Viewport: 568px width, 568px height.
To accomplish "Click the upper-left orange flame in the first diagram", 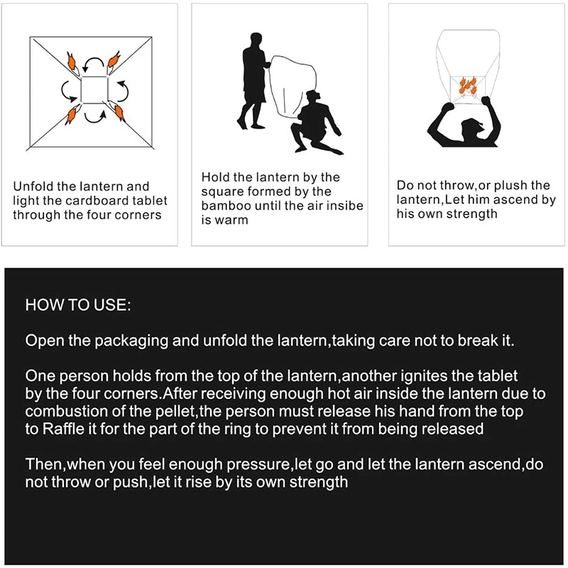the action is coord(72,61).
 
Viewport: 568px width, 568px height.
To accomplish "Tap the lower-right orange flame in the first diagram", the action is coord(119,113).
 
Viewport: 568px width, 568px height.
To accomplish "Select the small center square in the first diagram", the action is coord(94,89).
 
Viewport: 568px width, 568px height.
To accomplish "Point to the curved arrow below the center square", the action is coord(95,116).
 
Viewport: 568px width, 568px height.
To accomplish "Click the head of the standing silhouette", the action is coord(256,39).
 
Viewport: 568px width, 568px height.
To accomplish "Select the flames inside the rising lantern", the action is coord(468,85).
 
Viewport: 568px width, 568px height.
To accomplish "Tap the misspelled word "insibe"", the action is coord(345,206).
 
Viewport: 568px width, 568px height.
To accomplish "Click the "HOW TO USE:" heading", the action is coord(78,305).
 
